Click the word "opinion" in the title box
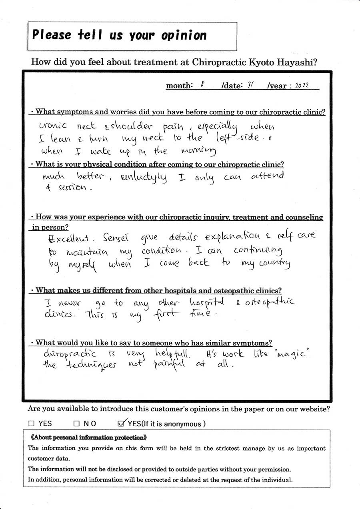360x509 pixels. point(184,35)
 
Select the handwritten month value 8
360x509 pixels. point(202,85)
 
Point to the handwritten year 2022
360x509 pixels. point(302,86)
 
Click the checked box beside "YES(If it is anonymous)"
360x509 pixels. point(122,423)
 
